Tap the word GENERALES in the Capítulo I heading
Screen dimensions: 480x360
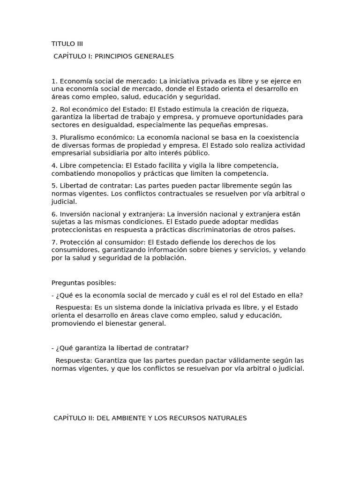155,56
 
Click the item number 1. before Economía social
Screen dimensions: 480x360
54,81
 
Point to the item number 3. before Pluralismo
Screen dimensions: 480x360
54,137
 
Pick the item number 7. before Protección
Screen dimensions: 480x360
54,242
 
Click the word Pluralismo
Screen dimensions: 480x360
77,137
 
